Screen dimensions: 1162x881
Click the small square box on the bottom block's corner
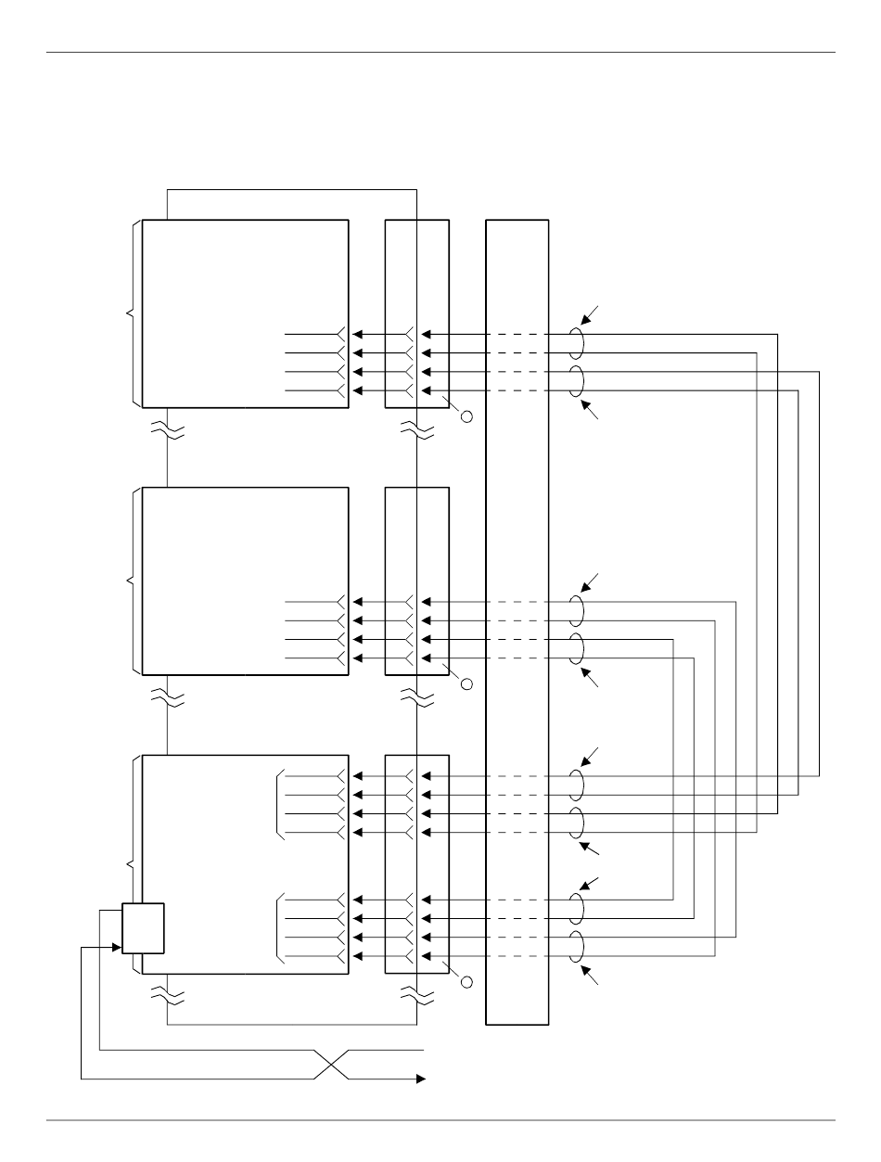coord(143,928)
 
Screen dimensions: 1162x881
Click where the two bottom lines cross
coord(333,1065)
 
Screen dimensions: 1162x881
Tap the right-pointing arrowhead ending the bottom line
coord(420,1079)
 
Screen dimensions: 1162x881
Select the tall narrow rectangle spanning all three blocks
coord(517,622)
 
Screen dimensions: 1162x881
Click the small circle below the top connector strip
coord(466,416)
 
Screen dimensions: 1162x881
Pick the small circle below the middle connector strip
coord(466,684)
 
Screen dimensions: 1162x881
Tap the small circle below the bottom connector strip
coord(466,981)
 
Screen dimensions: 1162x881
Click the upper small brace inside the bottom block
coord(279,804)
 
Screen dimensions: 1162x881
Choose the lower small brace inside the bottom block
coord(279,929)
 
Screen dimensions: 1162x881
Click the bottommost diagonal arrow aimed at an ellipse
coord(591,977)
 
